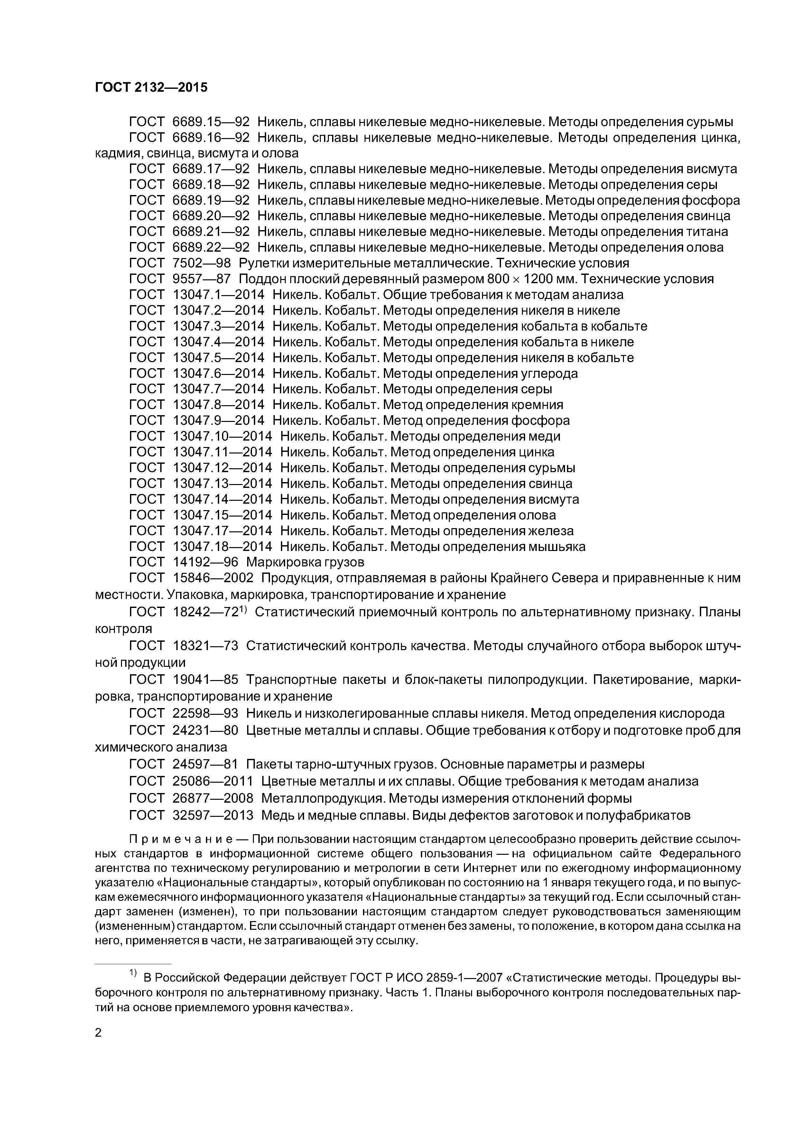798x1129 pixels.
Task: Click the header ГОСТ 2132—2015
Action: [x=151, y=88]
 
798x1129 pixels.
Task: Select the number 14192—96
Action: [x=206, y=562]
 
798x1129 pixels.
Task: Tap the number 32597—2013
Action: [x=213, y=816]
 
